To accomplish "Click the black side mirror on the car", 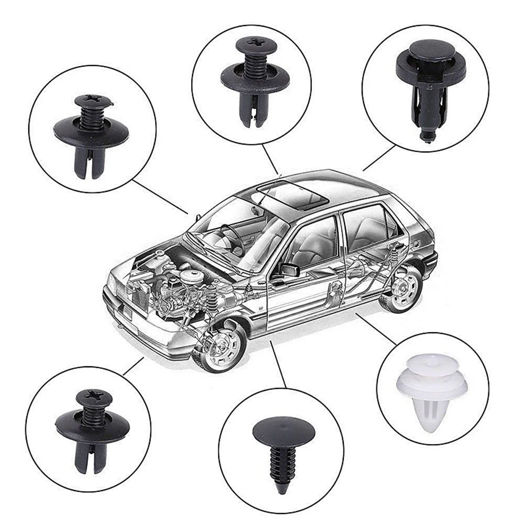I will click(x=289, y=269).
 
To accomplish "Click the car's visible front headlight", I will click(x=113, y=283).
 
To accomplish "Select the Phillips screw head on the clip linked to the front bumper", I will click(x=92, y=397).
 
